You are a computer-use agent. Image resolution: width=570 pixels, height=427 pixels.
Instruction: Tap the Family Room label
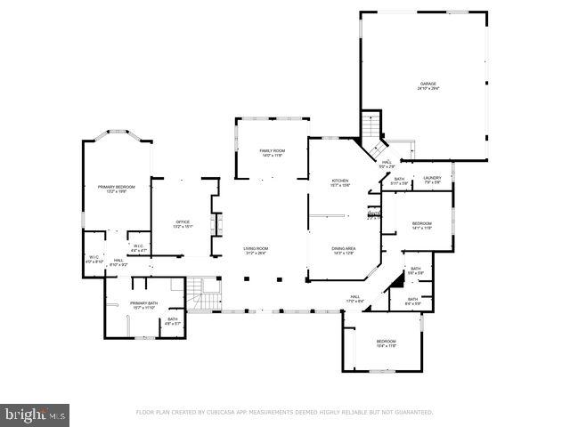[272, 153]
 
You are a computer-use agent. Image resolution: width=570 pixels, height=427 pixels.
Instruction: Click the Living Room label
[256, 251]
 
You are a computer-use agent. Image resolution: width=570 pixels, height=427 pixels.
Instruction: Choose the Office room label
[183, 224]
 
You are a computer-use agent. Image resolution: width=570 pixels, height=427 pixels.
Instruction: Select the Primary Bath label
[143, 305]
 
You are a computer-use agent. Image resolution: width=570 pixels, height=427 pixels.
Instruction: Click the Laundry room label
[433, 181]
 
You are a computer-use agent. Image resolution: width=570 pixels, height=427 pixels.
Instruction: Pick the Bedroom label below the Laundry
[421, 224]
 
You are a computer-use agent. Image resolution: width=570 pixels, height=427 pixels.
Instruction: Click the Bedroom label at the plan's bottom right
[386, 343]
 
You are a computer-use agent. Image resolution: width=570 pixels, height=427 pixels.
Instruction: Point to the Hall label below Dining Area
[354, 299]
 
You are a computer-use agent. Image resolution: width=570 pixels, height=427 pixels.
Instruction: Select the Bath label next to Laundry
[400, 181]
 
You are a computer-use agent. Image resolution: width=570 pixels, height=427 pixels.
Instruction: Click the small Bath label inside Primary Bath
[173, 320]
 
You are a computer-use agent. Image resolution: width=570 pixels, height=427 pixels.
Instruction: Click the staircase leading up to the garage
[373, 133]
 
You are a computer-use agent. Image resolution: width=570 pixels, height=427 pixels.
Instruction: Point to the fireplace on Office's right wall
[214, 221]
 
